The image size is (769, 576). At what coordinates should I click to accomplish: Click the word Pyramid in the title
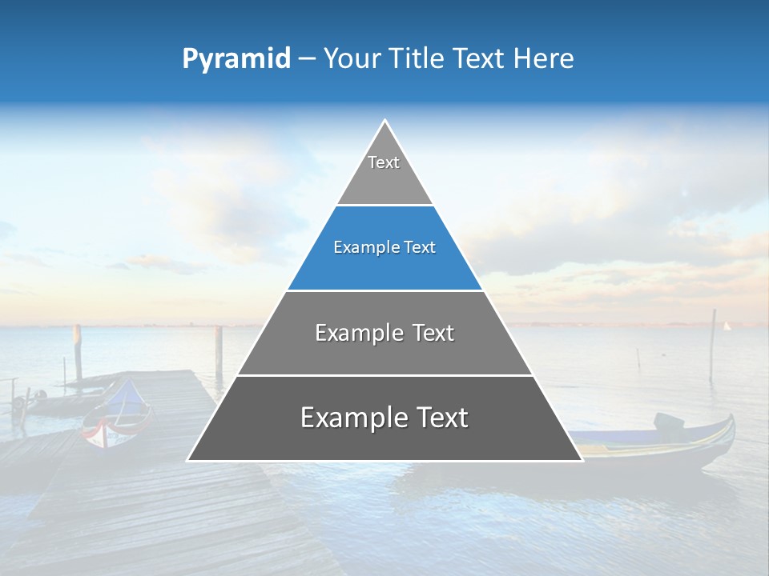tap(236, 59)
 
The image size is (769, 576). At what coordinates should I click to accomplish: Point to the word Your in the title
tap(351, 58)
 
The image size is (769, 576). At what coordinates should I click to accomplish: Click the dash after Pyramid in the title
tap(306, 59)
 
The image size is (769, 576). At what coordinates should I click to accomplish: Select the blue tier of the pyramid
tap(384, 256)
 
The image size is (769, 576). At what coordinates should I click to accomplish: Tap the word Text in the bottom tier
tap(436, 418)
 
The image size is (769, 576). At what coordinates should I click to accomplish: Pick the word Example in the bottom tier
tap(350, 418)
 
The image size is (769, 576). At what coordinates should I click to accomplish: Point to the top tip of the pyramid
tap(384, 121)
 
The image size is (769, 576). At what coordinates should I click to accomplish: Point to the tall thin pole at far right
tap(712, 344)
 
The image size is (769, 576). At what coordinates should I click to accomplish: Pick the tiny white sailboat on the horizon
tap(727, 326)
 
